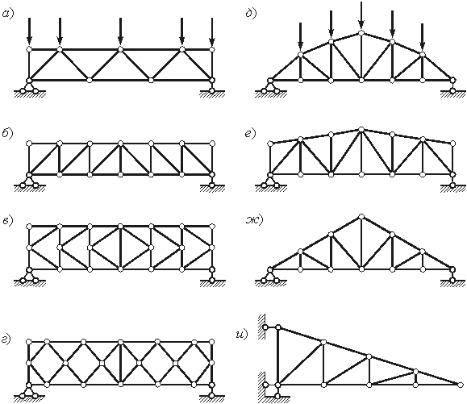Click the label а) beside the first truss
click(x=8, y=14)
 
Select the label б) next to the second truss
click(x=8, y=134)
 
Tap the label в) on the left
click(x=8, y=221)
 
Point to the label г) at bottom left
click(x=7, y=339)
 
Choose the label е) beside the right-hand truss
click(x=250, y=134)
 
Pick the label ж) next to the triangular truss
click(x=255, y=221)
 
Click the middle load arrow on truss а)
click(x=120, y=31)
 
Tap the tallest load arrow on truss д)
click(x=361, y=14)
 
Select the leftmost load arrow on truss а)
click(x=29, y=31)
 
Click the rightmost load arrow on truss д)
click(x=422, y=36)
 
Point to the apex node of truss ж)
click(x=361, y=216)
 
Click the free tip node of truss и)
click(x=461, y=385)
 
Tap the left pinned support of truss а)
click(x=29, y=88)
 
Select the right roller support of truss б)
click(x=212, y=181)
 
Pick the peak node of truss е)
click(x=361, y=129)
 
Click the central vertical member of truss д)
click(x=361, y=56)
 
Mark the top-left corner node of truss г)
click(x=29, y=341)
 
